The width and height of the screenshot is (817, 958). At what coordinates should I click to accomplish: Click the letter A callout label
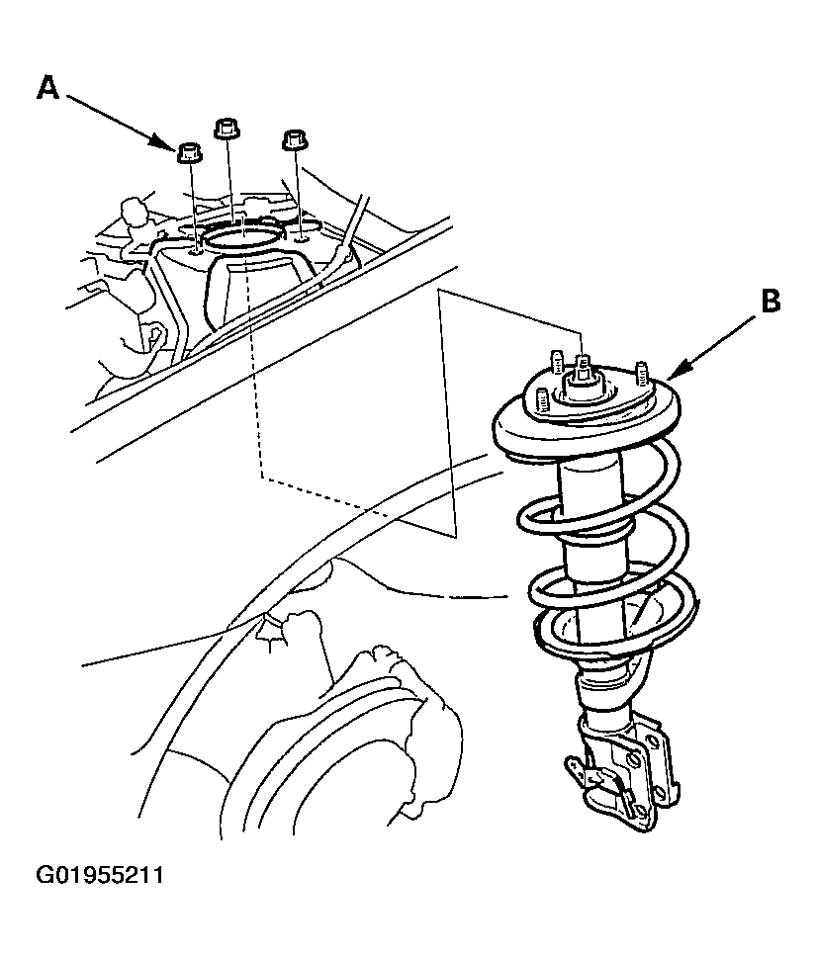(48, 87)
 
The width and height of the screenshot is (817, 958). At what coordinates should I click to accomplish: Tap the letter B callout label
(771, 301)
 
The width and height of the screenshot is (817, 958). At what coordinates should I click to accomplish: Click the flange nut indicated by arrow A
(191, 152)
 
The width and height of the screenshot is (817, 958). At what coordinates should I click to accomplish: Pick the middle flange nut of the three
(227, 128)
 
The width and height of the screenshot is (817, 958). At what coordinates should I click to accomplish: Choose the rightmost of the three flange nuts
(295, 139)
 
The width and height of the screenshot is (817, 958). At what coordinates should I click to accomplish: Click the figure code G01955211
(100, 876)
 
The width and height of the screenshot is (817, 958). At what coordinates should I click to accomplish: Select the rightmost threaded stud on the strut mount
(640, 374)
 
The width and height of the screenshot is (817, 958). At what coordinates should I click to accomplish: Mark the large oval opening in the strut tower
(244, 236)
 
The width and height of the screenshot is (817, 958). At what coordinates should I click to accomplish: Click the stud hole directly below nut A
(195, 249)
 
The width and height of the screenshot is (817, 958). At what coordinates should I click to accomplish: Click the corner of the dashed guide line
(262, 476)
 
